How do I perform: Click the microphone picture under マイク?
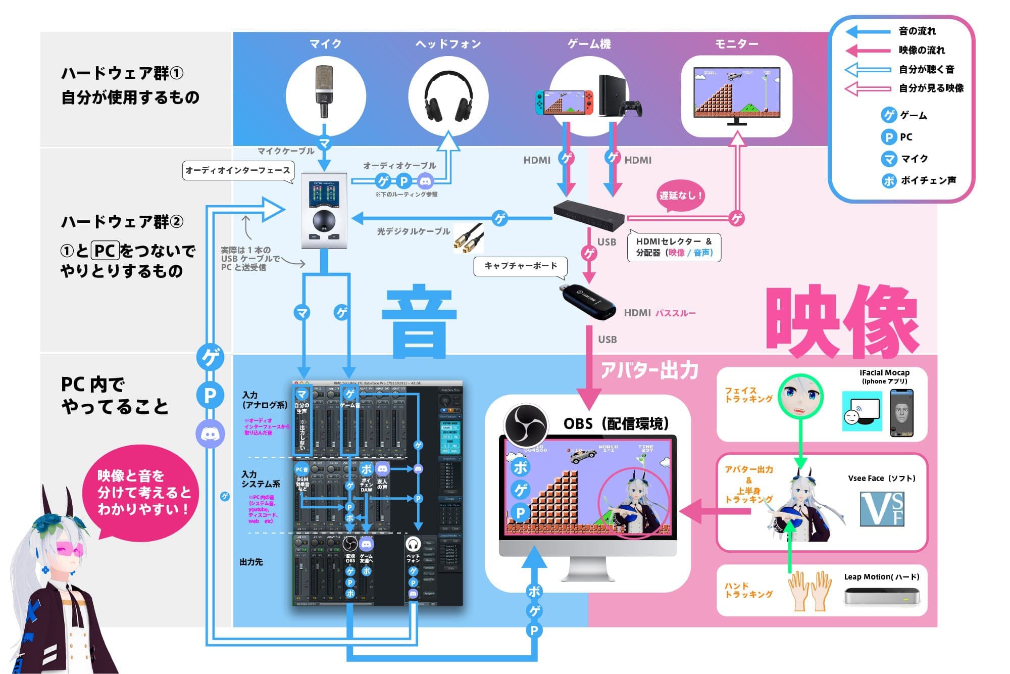325,91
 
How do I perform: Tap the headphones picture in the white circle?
448,96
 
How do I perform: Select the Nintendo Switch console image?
565,101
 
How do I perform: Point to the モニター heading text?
737,44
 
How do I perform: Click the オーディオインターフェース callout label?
237,170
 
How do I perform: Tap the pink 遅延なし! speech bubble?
680,196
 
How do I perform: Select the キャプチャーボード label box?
520,266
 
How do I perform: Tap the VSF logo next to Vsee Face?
882,509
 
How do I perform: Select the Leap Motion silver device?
881,596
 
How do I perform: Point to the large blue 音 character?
419,321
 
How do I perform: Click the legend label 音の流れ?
917,31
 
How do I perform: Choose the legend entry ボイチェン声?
928,180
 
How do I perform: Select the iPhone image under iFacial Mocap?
901,413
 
